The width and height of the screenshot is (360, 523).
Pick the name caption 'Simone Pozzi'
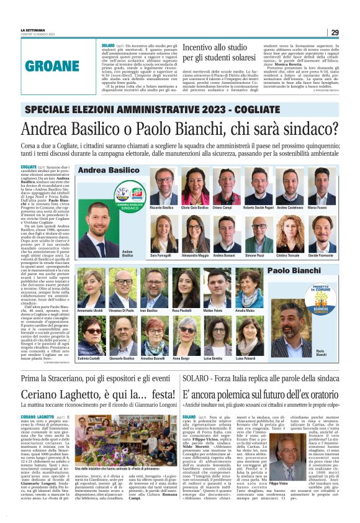pyautogui.click(x=256, y=255)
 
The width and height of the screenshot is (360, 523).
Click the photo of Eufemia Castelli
pyautogui.click(x=90, y=337)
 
